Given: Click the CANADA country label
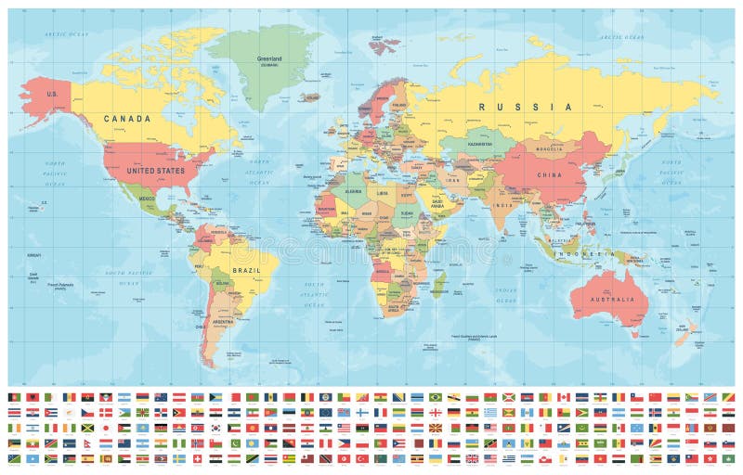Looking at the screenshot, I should coord(127,119).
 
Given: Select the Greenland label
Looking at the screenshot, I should coord(269,58).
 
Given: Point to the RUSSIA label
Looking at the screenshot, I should coord(525,107).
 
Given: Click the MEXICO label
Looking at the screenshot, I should coord(146,199).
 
